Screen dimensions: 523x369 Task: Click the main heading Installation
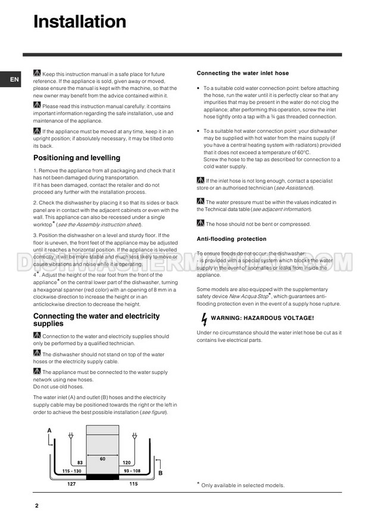click(80, 22)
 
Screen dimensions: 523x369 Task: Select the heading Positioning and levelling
click(76, 158)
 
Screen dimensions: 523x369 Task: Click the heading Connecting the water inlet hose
click(242, 73)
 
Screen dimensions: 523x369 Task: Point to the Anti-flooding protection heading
click(232, 239)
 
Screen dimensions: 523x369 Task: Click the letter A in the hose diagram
click(49, 430)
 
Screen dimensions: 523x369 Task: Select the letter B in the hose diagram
click(160, 474)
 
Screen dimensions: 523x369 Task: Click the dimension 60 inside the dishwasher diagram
click(102, 459)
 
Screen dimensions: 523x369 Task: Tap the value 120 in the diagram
click(126, 462)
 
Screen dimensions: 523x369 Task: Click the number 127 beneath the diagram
click(71, 484)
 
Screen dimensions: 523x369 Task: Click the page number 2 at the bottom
click(36, 506)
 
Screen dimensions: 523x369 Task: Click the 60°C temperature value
click(298, 152)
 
